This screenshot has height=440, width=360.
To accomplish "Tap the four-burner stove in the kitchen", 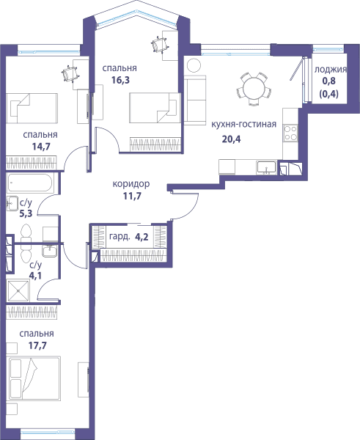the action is click(290, 133).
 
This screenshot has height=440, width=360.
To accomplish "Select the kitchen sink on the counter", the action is click(266, 168).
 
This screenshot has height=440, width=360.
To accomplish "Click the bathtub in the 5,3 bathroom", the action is click(30, 183).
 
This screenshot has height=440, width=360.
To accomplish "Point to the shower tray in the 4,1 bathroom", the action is click(18, 290).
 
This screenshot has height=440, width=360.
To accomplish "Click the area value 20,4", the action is click(231, 139).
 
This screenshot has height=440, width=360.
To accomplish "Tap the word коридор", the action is click(131, 184).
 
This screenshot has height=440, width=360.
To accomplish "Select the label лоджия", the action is click(330, 70).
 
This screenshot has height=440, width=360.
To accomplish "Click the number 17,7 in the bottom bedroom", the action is click(37, 345).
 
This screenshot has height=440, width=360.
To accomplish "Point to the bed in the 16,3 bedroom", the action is click(155, 108).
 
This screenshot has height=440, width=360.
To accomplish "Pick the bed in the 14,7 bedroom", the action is click(32, 109).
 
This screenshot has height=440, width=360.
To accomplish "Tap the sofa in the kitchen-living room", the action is click(195, 100).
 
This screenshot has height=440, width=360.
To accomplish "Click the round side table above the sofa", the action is click(194, 65).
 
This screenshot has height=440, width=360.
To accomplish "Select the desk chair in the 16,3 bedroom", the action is click(159, 45).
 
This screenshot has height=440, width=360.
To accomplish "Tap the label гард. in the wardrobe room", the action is click(120, 237).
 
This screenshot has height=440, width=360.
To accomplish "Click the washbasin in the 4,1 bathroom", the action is click(50, 251).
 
